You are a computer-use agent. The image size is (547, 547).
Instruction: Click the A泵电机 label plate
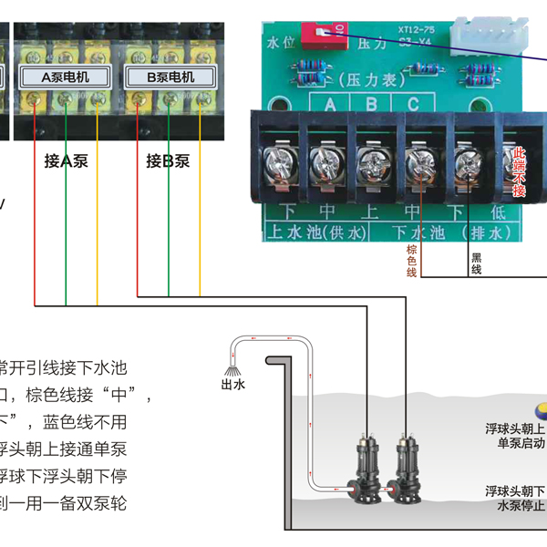pos(67,77)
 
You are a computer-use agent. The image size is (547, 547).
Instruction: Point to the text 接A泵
pos(66,161)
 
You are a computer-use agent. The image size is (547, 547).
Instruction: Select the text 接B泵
pos(168,161)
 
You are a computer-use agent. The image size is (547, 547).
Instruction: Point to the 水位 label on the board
pos(277,42)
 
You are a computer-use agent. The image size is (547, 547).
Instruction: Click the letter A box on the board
pos(331,103)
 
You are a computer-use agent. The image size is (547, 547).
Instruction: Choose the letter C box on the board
pos(413,103)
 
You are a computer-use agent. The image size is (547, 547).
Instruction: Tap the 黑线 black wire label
pos(476,264)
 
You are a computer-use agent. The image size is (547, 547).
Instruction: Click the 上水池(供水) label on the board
pos(314,232)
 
